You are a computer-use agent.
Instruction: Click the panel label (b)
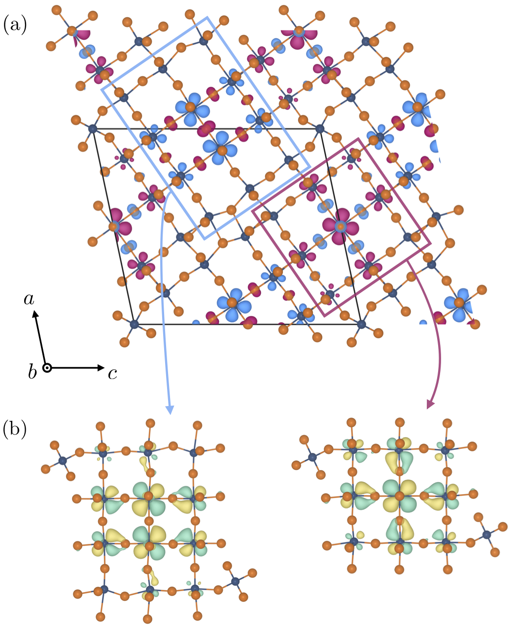pyautogui.click(x=15, y=429)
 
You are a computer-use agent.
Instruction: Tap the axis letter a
pyautogui.click(x=30, y=299)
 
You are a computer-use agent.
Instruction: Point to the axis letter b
pyautogui.click(x=32, y=373)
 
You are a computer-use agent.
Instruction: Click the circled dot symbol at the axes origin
pyautogui.click(x=47, y=368)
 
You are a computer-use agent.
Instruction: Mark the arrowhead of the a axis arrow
pyautogui.click(x=35, y=313)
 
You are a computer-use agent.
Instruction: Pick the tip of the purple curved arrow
pyautogui.click(x=429, y=406)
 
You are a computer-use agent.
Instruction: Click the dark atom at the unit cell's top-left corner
pyautogui.click(x=92, y=129)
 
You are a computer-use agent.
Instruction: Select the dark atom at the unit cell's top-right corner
pyautogui.click(x=320, y=129)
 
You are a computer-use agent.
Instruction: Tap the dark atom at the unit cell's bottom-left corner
pyautogui.click(x=134, y=324)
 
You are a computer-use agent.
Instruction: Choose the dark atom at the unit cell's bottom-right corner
pyautogui.click(x=362, y=324)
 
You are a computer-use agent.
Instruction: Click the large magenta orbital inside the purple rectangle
pyautogui.click(x=340, y=226)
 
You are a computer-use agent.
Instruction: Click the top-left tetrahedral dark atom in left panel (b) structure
pyautogui.click(x=63, y=461)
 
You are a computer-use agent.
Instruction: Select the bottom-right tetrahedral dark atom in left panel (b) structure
pyautogui.click(x=235, y=582)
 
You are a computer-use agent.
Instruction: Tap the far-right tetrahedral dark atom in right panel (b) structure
pyautogui.click(x=486, y=535)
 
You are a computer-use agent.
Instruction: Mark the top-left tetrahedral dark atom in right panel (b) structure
pyautogui.click(x=312, y=457)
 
